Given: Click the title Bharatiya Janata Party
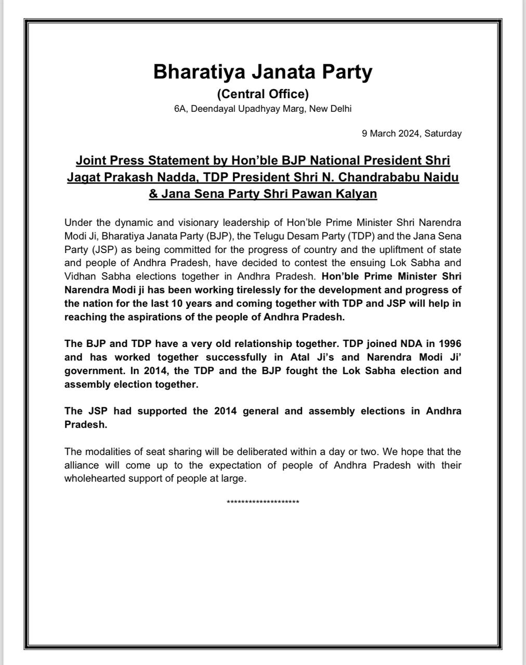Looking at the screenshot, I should pyautogui.click(x=262, y=72).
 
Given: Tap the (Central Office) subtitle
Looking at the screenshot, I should pyautogui.click(x=262, y=94).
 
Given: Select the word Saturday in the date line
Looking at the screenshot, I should pyautogui.click(x=443, y=134).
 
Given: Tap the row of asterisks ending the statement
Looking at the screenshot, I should pyautogui.click(x=262, y=502).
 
